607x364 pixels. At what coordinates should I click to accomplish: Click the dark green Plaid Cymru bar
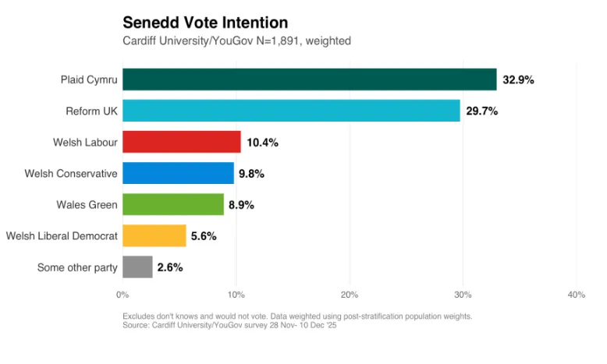pyautogui.click(x=309, y=80)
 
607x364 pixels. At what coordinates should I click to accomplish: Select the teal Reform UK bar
pyautogui.click(x=291, y=111)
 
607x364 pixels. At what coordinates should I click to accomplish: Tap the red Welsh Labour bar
pyautogui.click(x=181, y=142)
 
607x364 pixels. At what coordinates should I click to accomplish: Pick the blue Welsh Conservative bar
pyautogui.click(x=178, y=173)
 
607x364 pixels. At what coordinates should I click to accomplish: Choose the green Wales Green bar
pyautogui.click(x=172, y=204)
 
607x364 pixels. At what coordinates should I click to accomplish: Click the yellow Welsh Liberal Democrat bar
pyautogui.click(x=154, y=235)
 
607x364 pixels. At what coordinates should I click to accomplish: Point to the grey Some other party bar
pyautogui.click(x=137, y=267)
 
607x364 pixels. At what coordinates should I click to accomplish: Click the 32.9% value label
pyautogui.click(x=518, y=80)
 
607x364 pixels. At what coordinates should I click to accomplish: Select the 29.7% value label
pyautogui.click(x=481, y=111)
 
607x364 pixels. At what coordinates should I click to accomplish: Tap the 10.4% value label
pyautogui.click(x=262, y=143)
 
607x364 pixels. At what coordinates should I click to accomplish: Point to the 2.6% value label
pyautogui.click(x=169, y=267)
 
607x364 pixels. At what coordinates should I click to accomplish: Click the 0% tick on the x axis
pyautogui.click(x=122, y=295)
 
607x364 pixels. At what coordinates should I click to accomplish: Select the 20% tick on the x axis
pyautogui.click(x=349, y=295)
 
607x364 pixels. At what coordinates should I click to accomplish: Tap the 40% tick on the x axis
pyautogui.click(x=576, y=295)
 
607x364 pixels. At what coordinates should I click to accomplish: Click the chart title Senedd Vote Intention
pyautogui.click(x=205, y=23)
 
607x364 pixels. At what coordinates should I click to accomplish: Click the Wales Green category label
pyautogui.click(x=87, y=205)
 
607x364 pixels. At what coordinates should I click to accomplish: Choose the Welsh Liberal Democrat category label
pyautogui.click(x=62, y=236)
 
